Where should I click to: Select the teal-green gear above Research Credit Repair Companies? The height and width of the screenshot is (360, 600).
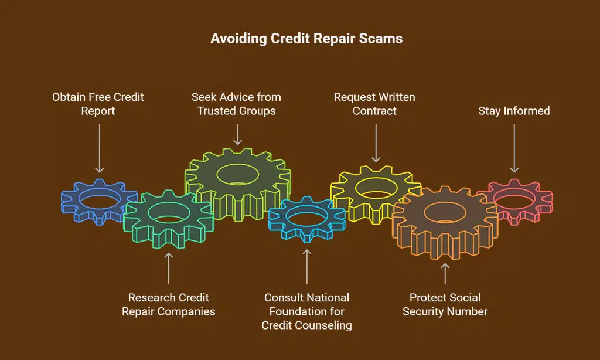coord(168,229)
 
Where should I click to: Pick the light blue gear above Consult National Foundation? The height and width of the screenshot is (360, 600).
coord(306,223)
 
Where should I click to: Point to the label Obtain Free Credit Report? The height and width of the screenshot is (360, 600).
coord(98,104)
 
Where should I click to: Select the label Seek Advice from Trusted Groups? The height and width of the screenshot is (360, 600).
coord(237,104)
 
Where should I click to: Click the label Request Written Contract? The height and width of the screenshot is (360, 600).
coord(375,104)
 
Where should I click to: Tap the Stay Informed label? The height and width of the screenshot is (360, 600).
coord(514,110)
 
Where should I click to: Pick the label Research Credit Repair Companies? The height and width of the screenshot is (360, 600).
coord(169,304)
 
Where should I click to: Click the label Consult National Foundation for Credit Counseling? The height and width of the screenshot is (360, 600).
coord(307,311)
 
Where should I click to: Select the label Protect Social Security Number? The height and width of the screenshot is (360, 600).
coord(445,304)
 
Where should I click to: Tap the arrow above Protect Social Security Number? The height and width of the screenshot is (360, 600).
coord(445,273)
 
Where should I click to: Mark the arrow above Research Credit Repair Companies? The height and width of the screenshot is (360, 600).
coord(169,266)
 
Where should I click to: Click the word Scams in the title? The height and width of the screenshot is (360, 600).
coord(383,39)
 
